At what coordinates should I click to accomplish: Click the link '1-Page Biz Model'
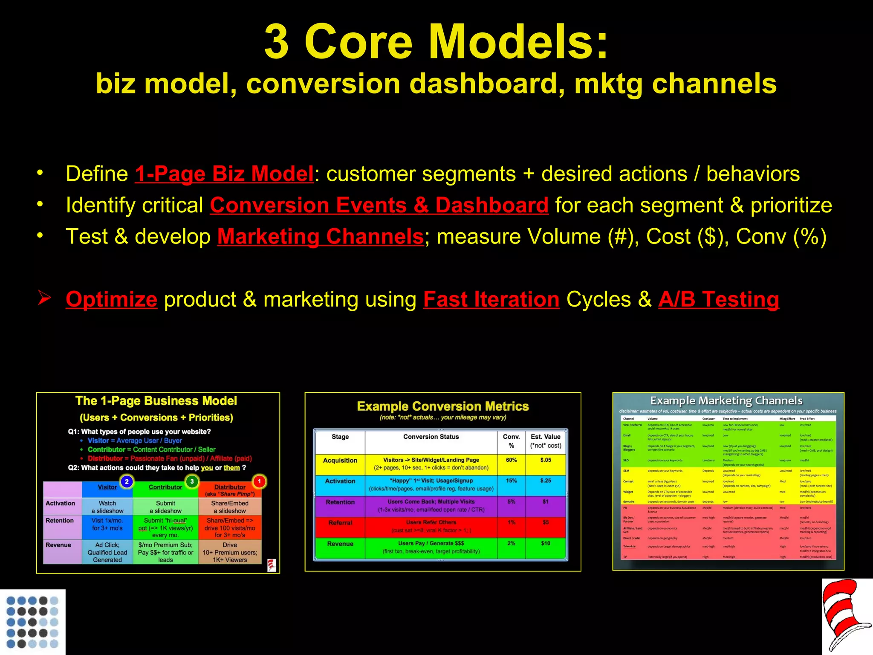click(x=224, y=174)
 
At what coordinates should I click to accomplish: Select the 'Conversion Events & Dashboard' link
click(x=379, y=206)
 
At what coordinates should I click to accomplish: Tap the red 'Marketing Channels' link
click(x=320, y=237)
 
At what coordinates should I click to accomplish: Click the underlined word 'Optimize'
click(x=112, y=299)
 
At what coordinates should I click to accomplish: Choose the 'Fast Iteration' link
click(x=491, y=299)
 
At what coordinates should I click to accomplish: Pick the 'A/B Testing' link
click(x=719, y=299)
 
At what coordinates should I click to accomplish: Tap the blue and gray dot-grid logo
click(x=32, y=622)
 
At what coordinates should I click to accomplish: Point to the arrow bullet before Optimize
click(x=44, y=298)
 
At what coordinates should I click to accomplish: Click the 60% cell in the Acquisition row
click(x=511, y=460)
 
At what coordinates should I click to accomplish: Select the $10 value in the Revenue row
click(x=545, y=543)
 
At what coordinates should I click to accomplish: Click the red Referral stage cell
click(x=340, y=523)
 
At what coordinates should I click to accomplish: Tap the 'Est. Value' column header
click(x=545, y=441)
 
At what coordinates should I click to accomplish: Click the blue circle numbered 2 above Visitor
click(x=127, y=481)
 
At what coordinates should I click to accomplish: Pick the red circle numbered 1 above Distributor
click(x=259, y=481)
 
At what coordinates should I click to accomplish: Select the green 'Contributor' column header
click(x=165, y=487)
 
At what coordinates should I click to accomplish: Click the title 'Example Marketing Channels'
click(x=726, y=401)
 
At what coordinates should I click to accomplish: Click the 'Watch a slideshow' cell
click(x=107, y=507)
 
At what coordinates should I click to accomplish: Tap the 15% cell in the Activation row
click(x=511, y=481)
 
